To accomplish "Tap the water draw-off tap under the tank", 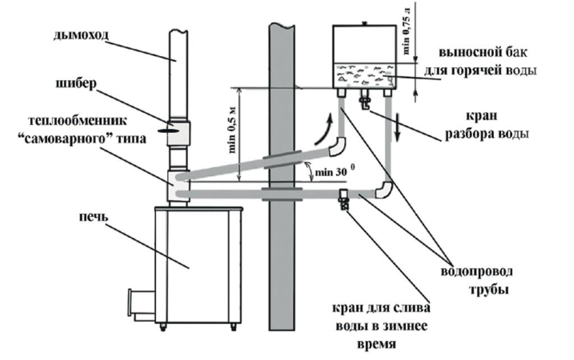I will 365,102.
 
